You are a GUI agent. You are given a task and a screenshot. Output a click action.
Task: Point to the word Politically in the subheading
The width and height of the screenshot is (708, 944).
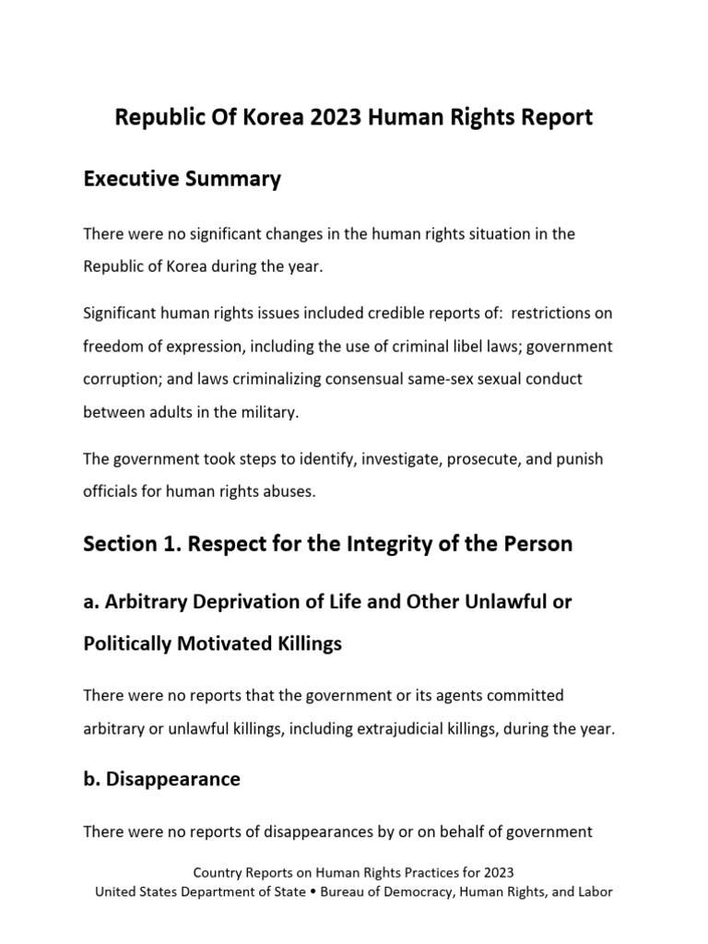click(x=132, y=643)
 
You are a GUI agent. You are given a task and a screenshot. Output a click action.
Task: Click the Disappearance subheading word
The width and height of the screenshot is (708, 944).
click(x=173, y=779)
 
